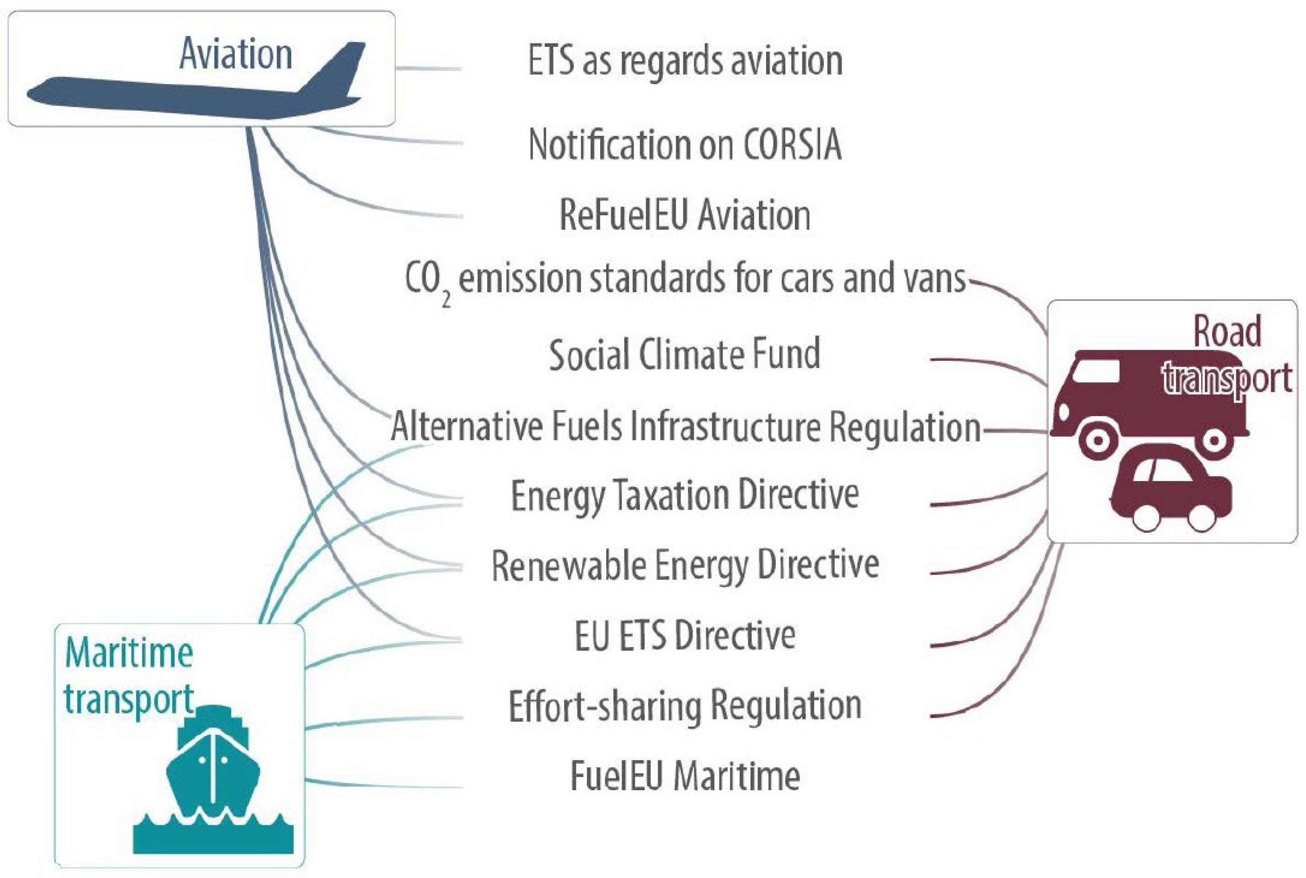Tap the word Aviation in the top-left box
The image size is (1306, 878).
click(236, 54)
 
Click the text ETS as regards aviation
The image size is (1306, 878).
click(685, 60)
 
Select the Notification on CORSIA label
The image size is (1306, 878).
click(685, 145)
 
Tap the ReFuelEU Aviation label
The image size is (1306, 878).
click(685, 215)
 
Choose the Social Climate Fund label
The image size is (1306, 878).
click(685, 354)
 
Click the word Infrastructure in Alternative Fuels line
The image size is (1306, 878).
click(725, 427)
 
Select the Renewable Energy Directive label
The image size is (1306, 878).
click(685, 566)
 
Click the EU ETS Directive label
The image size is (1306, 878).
click(685, 636)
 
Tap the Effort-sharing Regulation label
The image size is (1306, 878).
click(685, 706)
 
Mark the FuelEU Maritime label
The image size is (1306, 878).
click(685, 776)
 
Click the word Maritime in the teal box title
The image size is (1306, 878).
click(129, 653)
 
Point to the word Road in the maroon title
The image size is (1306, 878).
click(1226, 332)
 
